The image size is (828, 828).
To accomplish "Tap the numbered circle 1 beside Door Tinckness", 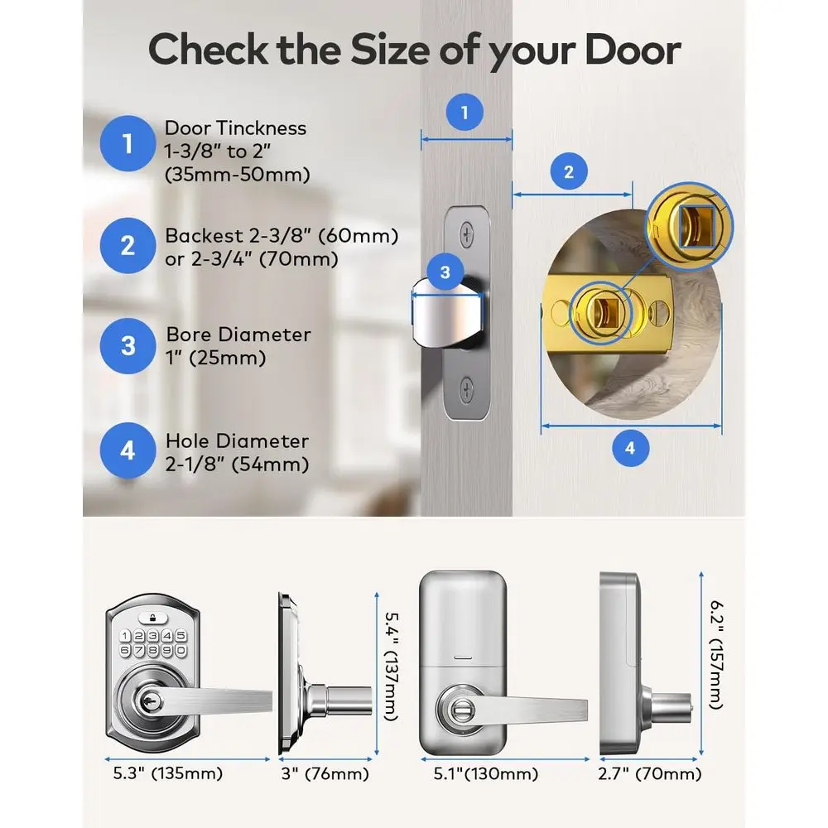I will click(x=128, y=145).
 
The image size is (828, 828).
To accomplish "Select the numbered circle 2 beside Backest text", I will click(x=128, y=245).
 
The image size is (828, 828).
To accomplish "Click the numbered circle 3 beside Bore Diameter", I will click(x=128, y=344).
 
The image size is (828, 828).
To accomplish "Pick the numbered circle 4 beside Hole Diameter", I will click(x=128, y=450).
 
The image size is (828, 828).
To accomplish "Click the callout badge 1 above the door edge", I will click(x=465, y=113).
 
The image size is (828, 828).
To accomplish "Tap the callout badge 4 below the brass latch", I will click(x=630, y=448).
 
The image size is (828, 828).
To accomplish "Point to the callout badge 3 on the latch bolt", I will click(x=445, y=272).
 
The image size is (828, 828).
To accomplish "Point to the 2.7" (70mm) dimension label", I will click(x=649, y=774).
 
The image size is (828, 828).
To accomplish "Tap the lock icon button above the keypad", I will click(x=152, y=617).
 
